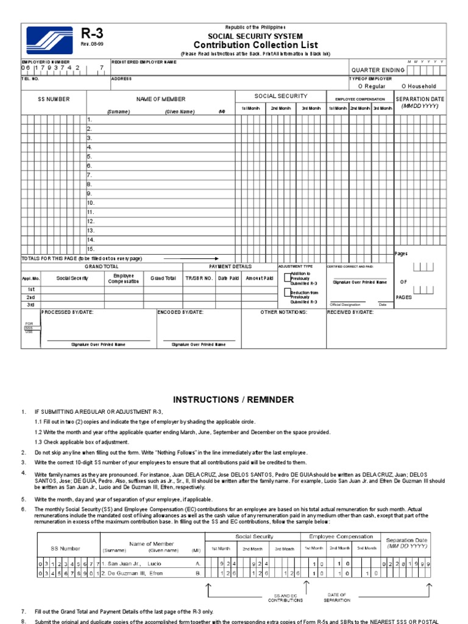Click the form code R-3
point(90,35)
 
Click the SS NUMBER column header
point(54,99)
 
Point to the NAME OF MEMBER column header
point(161,99)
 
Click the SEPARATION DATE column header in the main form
point(420,99)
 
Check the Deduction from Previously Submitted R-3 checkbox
point(287,293)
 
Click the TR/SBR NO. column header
point(199,278)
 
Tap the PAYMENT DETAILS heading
point(230,267)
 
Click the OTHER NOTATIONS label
point(283,312)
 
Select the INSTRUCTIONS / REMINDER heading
point(233,400)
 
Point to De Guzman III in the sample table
point(126,573)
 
